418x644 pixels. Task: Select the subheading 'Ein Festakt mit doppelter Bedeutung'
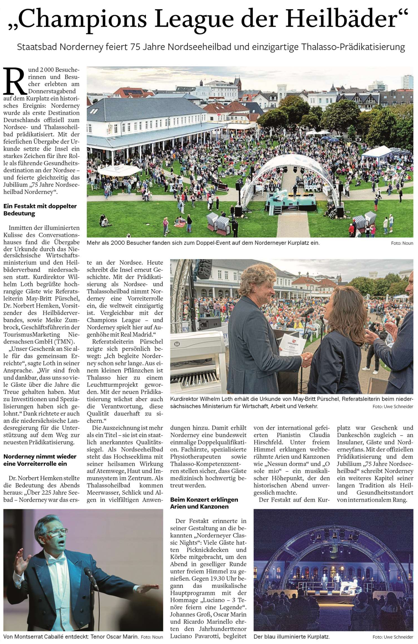tap(40, 210)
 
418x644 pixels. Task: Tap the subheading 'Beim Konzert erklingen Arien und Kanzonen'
tap(204, 503)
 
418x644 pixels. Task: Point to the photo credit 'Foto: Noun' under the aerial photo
tap(402, 243)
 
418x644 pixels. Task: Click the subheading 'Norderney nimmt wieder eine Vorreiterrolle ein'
tap(40, 460)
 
